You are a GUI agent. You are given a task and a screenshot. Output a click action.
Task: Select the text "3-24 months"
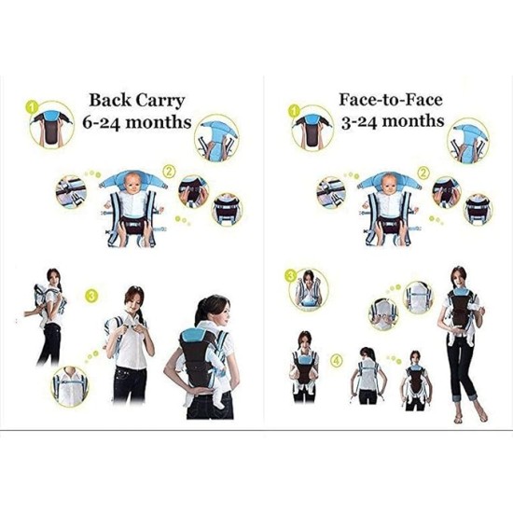pyautogui.click(x=389, y=120)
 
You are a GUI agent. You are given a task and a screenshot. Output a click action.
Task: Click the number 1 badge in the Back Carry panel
pyautogui.click(x=35, y=106)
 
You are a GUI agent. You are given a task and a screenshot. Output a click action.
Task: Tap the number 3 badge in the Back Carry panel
pyautogui.click(x=91, y=297)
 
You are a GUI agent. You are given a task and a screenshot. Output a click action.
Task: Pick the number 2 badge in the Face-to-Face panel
pyautogui.click(x=423, y=172)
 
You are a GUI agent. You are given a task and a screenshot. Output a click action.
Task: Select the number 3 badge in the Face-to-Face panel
pyautogui.click(x=291, y=275)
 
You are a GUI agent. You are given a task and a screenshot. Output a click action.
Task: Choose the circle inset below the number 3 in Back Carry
pyautogui.click(x=69, y=381)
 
